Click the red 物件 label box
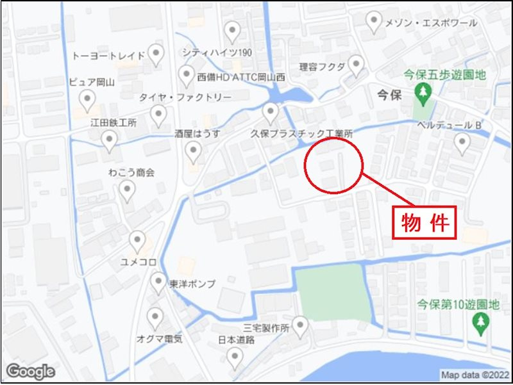pyautogui.click(x=424, y=222)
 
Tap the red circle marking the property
pyautogui.click(x=334, y=165)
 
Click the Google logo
pyautogui.click(x=29, y=372)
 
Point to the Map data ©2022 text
pyautogui.click(x=475, y=375)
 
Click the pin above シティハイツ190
pyautogui.click(x=232, y=31)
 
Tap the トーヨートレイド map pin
pyautogui.click(x=156, y=54)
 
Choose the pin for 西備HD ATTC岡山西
pyautogui.click(x=186, y=76)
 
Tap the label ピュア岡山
pyautogui.click(x=91, y=82)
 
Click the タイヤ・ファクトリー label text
pyautogui.click(x=185, y=97)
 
